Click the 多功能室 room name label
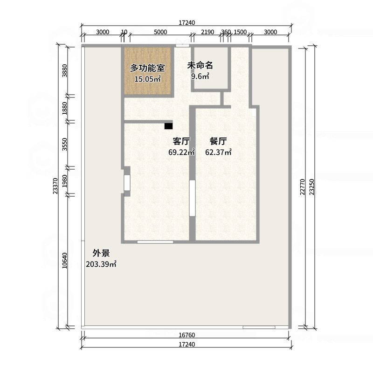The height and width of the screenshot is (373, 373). (147, 69)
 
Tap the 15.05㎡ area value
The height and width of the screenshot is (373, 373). (147, 79)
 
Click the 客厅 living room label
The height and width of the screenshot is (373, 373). (181, 141)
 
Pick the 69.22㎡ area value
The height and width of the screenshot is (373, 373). (181, 152)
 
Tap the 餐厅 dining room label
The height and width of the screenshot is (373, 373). (218, 141)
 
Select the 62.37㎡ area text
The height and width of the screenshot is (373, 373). (218, 152)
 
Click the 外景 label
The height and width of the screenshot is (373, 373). (101, 253)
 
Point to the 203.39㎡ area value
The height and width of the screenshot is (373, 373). (101, 264)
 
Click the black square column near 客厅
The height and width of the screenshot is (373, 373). (168, 125)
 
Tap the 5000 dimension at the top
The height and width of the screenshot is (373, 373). (160, 32)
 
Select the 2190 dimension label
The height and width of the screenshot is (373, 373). (207, 32)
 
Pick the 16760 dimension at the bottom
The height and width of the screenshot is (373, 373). (186, 335)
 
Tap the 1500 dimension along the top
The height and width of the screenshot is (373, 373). (240, 32)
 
